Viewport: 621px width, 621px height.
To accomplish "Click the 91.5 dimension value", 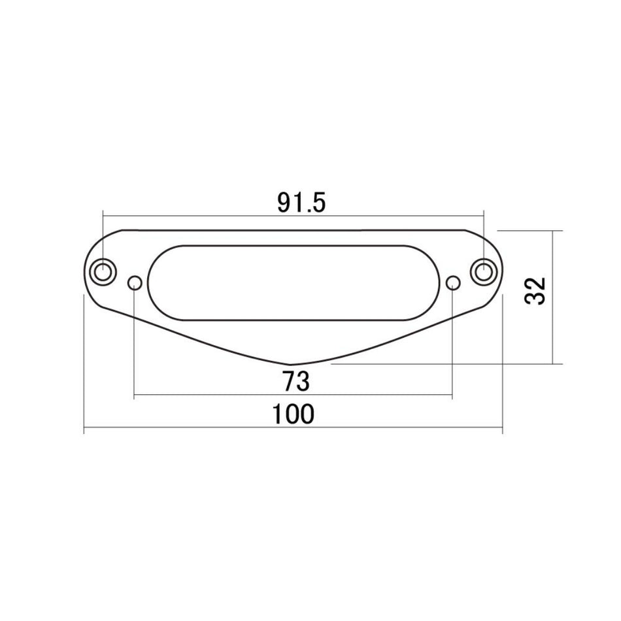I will pyautogui.click(x=301, y=203).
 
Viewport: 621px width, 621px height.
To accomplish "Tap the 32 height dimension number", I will pyautogui.click(x=535, y=290).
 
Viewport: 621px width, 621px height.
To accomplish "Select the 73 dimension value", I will pyautogui.click(x=295, y=380).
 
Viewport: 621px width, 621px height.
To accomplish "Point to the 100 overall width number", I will pyautogui.click(x=294, y=414).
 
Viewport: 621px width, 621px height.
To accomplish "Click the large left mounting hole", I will pyautogui.click(x=103, y=272).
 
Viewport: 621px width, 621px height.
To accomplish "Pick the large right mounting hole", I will pyautogui.click(x=484, y=272).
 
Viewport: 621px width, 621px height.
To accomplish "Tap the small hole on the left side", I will pyautogui.click(x=135, y=282).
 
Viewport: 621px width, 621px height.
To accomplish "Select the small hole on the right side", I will pyautogui.click(x=453, y=282).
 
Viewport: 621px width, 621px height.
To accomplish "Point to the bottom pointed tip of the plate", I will pyautogui.click(x=291, y=364).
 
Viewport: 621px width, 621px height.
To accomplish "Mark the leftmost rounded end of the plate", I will pyautogui.click(x=86, y=273).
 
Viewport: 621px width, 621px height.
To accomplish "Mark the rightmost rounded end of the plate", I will pyautogui.click(x=501, y=273).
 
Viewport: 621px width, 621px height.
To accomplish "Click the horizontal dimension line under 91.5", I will pyautogui.click(x=196, y=215).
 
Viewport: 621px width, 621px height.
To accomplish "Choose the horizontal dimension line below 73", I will pyautogui.click(x=196, y=395).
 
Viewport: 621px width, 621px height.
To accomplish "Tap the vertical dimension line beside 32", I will pyautogui.click(x=554, y=327).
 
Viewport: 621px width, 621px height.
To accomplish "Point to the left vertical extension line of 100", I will pyautogui.click(x=84, y=366).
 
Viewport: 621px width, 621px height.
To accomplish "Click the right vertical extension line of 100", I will pyautogui.click(x=502, y=366).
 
